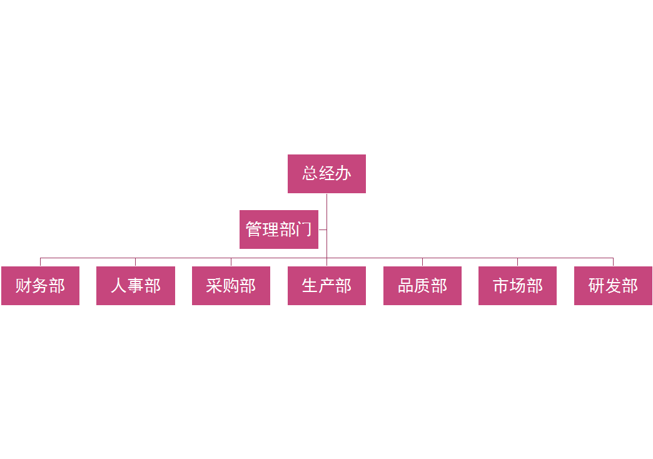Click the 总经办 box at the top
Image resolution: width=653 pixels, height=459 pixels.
pos(326,173)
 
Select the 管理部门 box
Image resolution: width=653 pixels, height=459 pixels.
pos(279,229)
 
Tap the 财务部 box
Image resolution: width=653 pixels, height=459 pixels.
pos(40,286)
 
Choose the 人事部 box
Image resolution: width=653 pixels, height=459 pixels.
pos(136,286)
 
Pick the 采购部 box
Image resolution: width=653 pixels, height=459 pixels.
pos(231,286)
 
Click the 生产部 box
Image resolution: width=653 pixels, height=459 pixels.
pos(326,286)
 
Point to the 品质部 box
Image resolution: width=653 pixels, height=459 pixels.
pos(422,286)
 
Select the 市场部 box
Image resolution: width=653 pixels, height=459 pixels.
pos(517,286)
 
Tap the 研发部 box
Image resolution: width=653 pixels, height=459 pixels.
pos(613,286)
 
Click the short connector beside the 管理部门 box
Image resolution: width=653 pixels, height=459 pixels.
pos(323,229)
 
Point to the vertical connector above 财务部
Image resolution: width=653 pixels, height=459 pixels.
pos(40,261)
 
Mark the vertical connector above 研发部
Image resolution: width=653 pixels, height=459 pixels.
pos(613,261)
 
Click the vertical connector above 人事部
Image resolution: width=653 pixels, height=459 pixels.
pos(136,261)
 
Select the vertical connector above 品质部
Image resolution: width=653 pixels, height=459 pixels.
pos(422,261)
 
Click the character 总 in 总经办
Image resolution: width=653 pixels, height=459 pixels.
pos(310,173)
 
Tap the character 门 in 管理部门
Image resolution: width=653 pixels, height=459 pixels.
pos(305,229)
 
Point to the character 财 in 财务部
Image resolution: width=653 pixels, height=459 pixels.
pos(24,286)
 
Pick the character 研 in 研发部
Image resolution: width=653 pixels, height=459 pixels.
pos(597,286)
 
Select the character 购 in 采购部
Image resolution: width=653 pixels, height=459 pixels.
pos(231,286)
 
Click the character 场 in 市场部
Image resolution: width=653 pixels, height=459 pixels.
pos(517,286)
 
